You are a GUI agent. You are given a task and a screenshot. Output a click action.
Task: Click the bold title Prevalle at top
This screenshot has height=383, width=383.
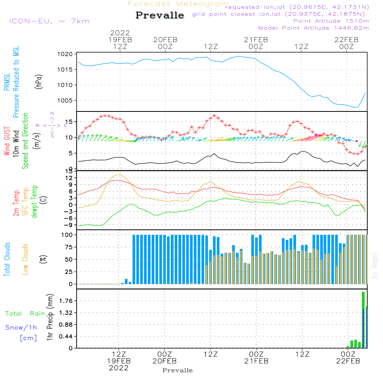pos(160,15)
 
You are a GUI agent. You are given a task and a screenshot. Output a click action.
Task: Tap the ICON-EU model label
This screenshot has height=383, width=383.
pos(49,21)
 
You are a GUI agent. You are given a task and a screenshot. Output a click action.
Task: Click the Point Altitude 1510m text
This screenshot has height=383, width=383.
pos(331,21)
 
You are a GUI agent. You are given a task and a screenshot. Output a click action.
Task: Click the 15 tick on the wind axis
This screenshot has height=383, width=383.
pos(69,122)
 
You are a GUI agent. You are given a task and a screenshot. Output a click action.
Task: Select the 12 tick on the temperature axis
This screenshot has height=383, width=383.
pos(69,178)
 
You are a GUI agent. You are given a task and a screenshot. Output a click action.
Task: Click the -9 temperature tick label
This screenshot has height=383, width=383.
pos(69,225)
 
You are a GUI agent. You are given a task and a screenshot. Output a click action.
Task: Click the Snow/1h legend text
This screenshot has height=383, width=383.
pos(21,327)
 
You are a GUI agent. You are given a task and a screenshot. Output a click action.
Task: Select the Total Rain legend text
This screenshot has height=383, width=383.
pos(25,314)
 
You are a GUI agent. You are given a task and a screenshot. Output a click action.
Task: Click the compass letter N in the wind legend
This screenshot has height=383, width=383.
pos(52,113)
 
